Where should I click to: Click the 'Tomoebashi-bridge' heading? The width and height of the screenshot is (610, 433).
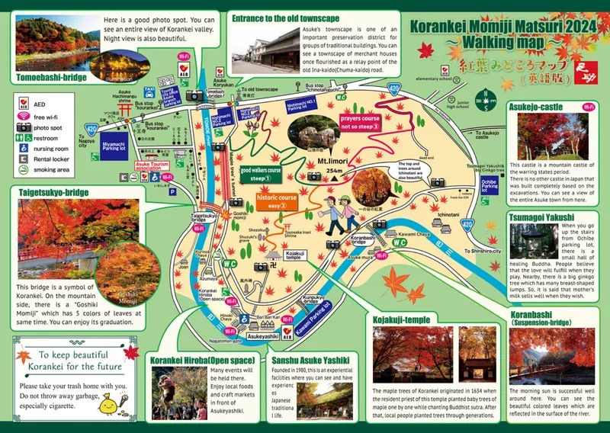click(x=50, y=76)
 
